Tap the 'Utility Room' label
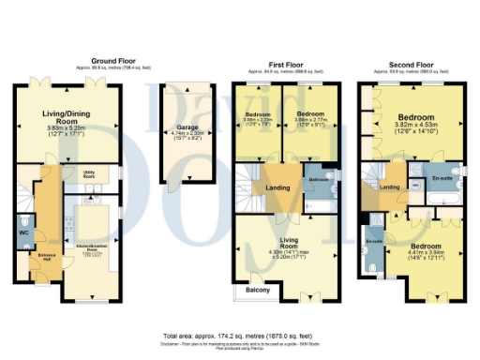(x=90, y=174)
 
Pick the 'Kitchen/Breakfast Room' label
(x=90, y=249)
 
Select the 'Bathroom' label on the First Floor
(x=318, y=178)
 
